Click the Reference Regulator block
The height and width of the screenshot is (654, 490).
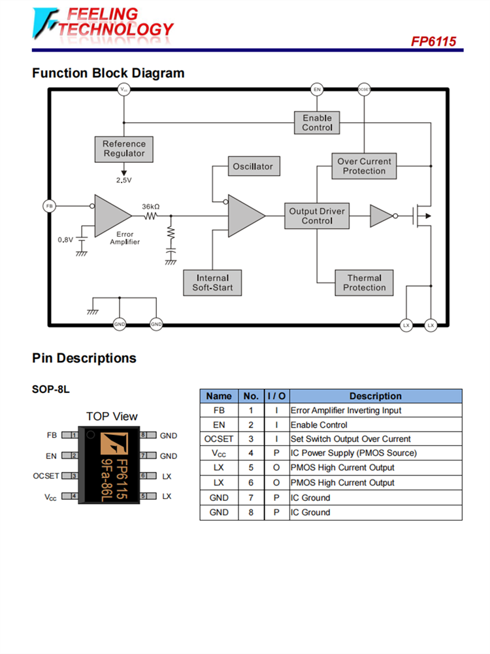pyautogui.click(x=124, y=148)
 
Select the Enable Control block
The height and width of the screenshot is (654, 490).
pyautogui.click(x=317, y=123)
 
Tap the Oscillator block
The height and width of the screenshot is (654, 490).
pyautogui.click(x=253, y=167)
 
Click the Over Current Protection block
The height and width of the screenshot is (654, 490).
pyautogui.click(x=364, y=166)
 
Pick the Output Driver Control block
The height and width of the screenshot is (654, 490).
pyautogui.click(x=317, y=216)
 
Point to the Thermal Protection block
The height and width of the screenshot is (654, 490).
pyautogui.click(x=364, y=283)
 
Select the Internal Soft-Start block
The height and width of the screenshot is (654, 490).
pyautogui.click(x=212, y=283)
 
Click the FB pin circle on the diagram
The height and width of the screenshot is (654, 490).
pyautogui.click(x=49, y=206)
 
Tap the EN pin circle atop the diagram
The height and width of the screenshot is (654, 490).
pyautogui.click(x=317, y=90)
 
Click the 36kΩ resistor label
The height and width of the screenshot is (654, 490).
pyautogui.click(x=151, y=206)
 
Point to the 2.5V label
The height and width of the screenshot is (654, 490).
pyautogui.click(x=123, y=180)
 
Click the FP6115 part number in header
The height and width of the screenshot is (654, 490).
pyautogui.click(x=433, y=41)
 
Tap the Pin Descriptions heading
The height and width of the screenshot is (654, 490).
pyautogui.click(x=84, y=358)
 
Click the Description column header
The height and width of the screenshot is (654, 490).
pyautogui.click(x=375, y=396)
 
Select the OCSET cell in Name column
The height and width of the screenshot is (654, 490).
pyautogui.click(x=219, y=439)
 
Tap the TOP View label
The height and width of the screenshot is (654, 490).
pyautogui.click(x=112, y=416)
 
